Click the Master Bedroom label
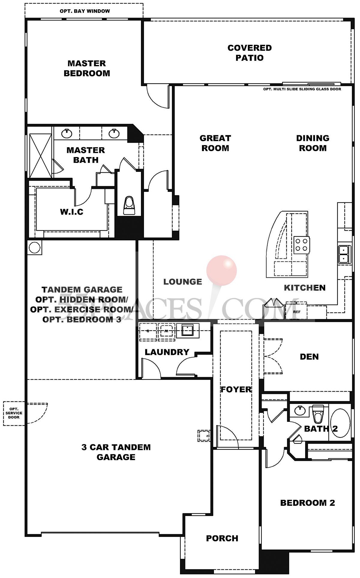87,68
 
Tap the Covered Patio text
249,53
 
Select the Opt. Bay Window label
85,11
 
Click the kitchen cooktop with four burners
302,245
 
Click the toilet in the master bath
129,205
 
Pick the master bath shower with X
40,156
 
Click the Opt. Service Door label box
14,413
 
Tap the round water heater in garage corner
34,248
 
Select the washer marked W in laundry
166,331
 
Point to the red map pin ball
221,270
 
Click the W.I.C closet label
71,212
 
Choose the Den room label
309,356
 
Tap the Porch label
222,538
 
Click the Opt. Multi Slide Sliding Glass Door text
302,89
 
